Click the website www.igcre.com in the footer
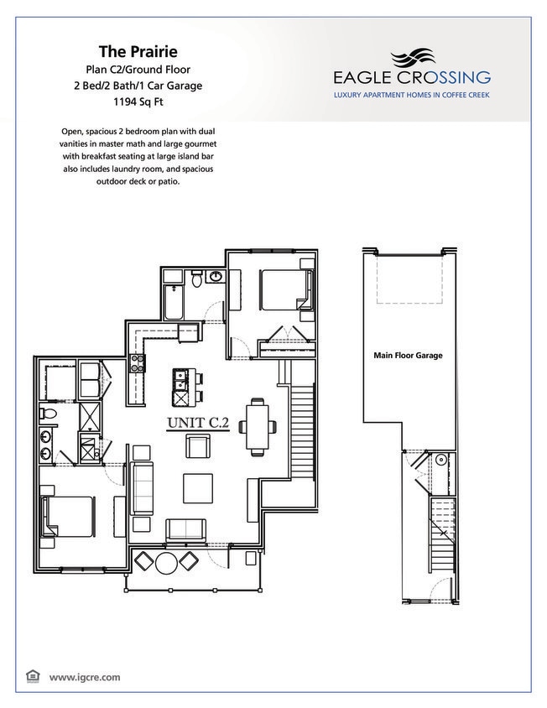(84, 676)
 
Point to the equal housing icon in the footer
(33, 675)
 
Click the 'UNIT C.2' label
(198, 423)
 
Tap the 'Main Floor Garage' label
(408, 356)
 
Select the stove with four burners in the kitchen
(137, 363)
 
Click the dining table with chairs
(257, 426)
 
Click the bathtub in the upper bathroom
(175, 301)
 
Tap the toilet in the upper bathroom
(195, 281)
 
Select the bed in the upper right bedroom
(281, 289)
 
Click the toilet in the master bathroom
(49, 414)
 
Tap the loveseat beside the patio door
(185, 531)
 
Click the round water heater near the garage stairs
(440, 459)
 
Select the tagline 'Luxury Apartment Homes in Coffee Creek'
(411, 96)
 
